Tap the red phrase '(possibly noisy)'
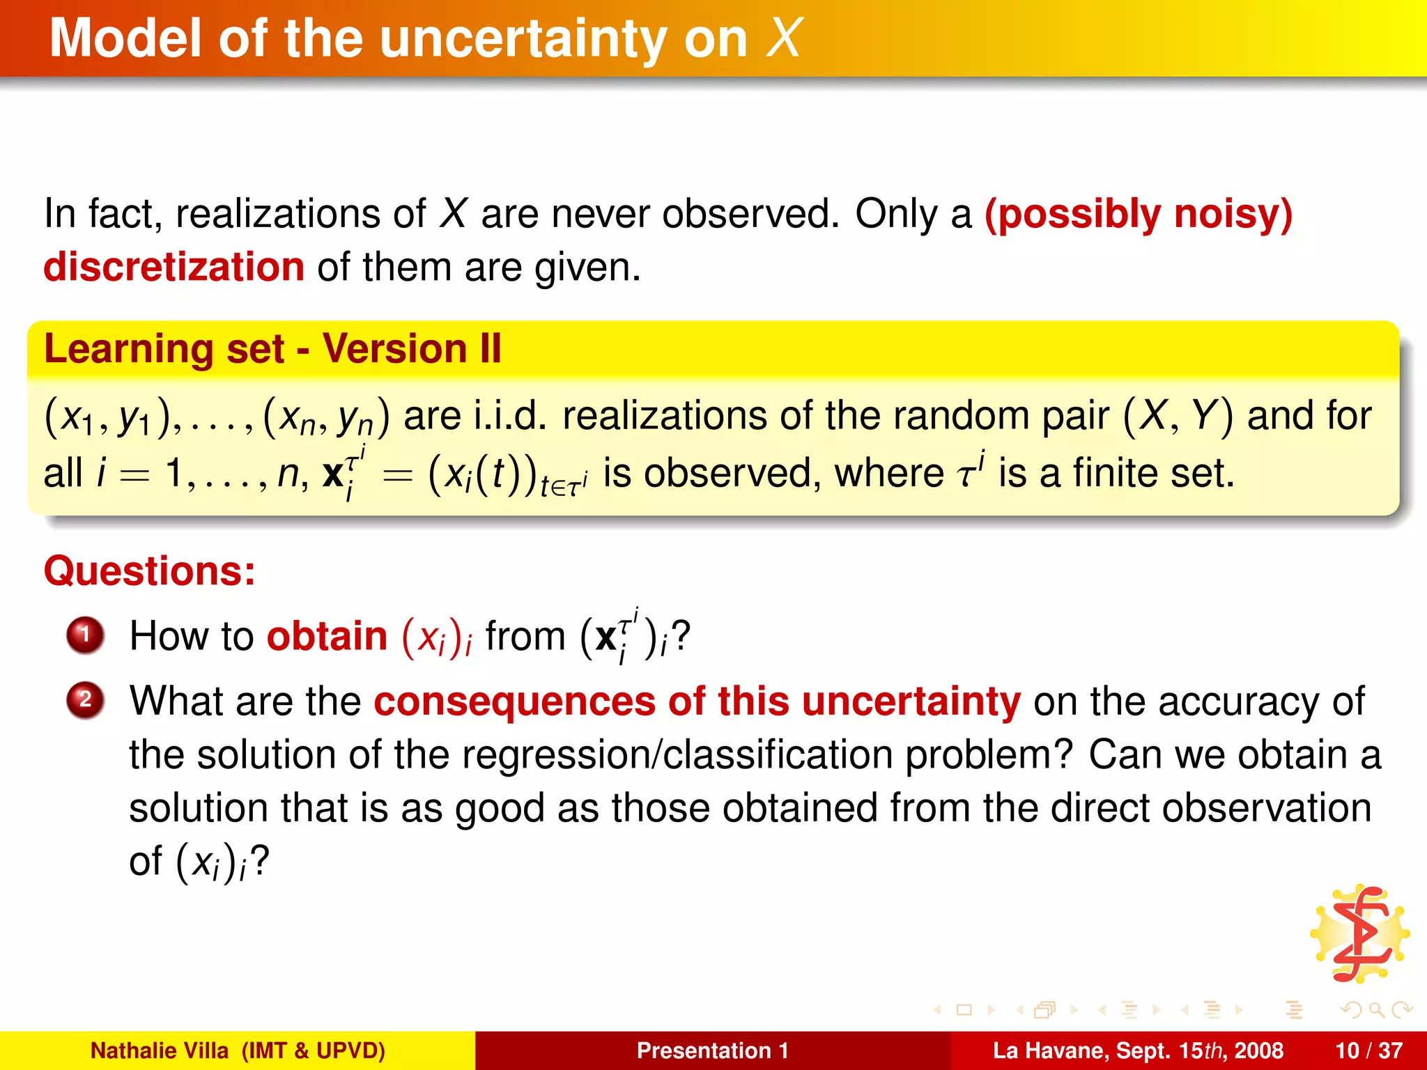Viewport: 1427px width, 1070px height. [x=1138, y=214]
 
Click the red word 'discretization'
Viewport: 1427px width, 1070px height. [x=173, y=267]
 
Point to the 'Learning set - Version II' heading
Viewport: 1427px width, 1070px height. [x=272, y=348]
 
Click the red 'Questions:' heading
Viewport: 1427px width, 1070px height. [x=150, y=571]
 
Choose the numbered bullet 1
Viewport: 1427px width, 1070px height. [x=85, y=635]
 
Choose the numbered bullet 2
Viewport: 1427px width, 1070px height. [x=85, y=699]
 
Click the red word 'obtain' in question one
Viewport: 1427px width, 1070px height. [x=327, y=636]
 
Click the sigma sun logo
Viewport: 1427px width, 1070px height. [x=1359, y=933]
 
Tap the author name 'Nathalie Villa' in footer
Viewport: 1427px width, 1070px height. [x=160, y=1050]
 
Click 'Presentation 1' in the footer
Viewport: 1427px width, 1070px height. [x=712, y=1050]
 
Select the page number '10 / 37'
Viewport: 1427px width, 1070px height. [x=1368, y=1050]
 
